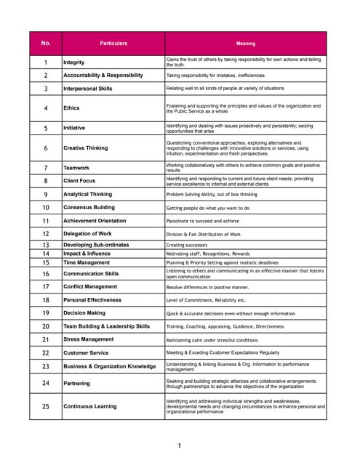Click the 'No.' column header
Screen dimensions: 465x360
click(x=46, y=44)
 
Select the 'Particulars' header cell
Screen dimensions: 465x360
click(x=113, y=44)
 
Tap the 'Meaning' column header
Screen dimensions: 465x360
click(x=246, y=44)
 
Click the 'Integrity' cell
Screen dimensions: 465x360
click(x=74, y=62)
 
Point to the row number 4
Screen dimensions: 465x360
click(x=46, y=108)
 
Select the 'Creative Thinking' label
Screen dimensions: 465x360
click(x=86, y=148)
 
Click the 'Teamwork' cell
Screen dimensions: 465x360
click(x=76, y=168)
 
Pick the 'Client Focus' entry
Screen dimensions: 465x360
click(x=81, y=180)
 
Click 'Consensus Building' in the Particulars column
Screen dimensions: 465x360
click(x=89, y=208)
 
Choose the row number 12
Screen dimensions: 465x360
click(x=46, y=234)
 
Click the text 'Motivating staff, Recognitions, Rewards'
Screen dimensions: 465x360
click(x=209, y=254)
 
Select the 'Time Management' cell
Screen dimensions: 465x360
click(x=87, y=262)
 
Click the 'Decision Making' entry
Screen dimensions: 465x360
click(x=84, y=313)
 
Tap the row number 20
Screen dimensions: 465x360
click(x=46, y=327)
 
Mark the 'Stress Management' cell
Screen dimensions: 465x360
click(x=89, y=339)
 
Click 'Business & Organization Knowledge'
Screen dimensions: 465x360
click(x=110, y=367)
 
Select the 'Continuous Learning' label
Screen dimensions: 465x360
click(x=90, y=406)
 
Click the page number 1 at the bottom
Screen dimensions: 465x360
click(x=179, y=445)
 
